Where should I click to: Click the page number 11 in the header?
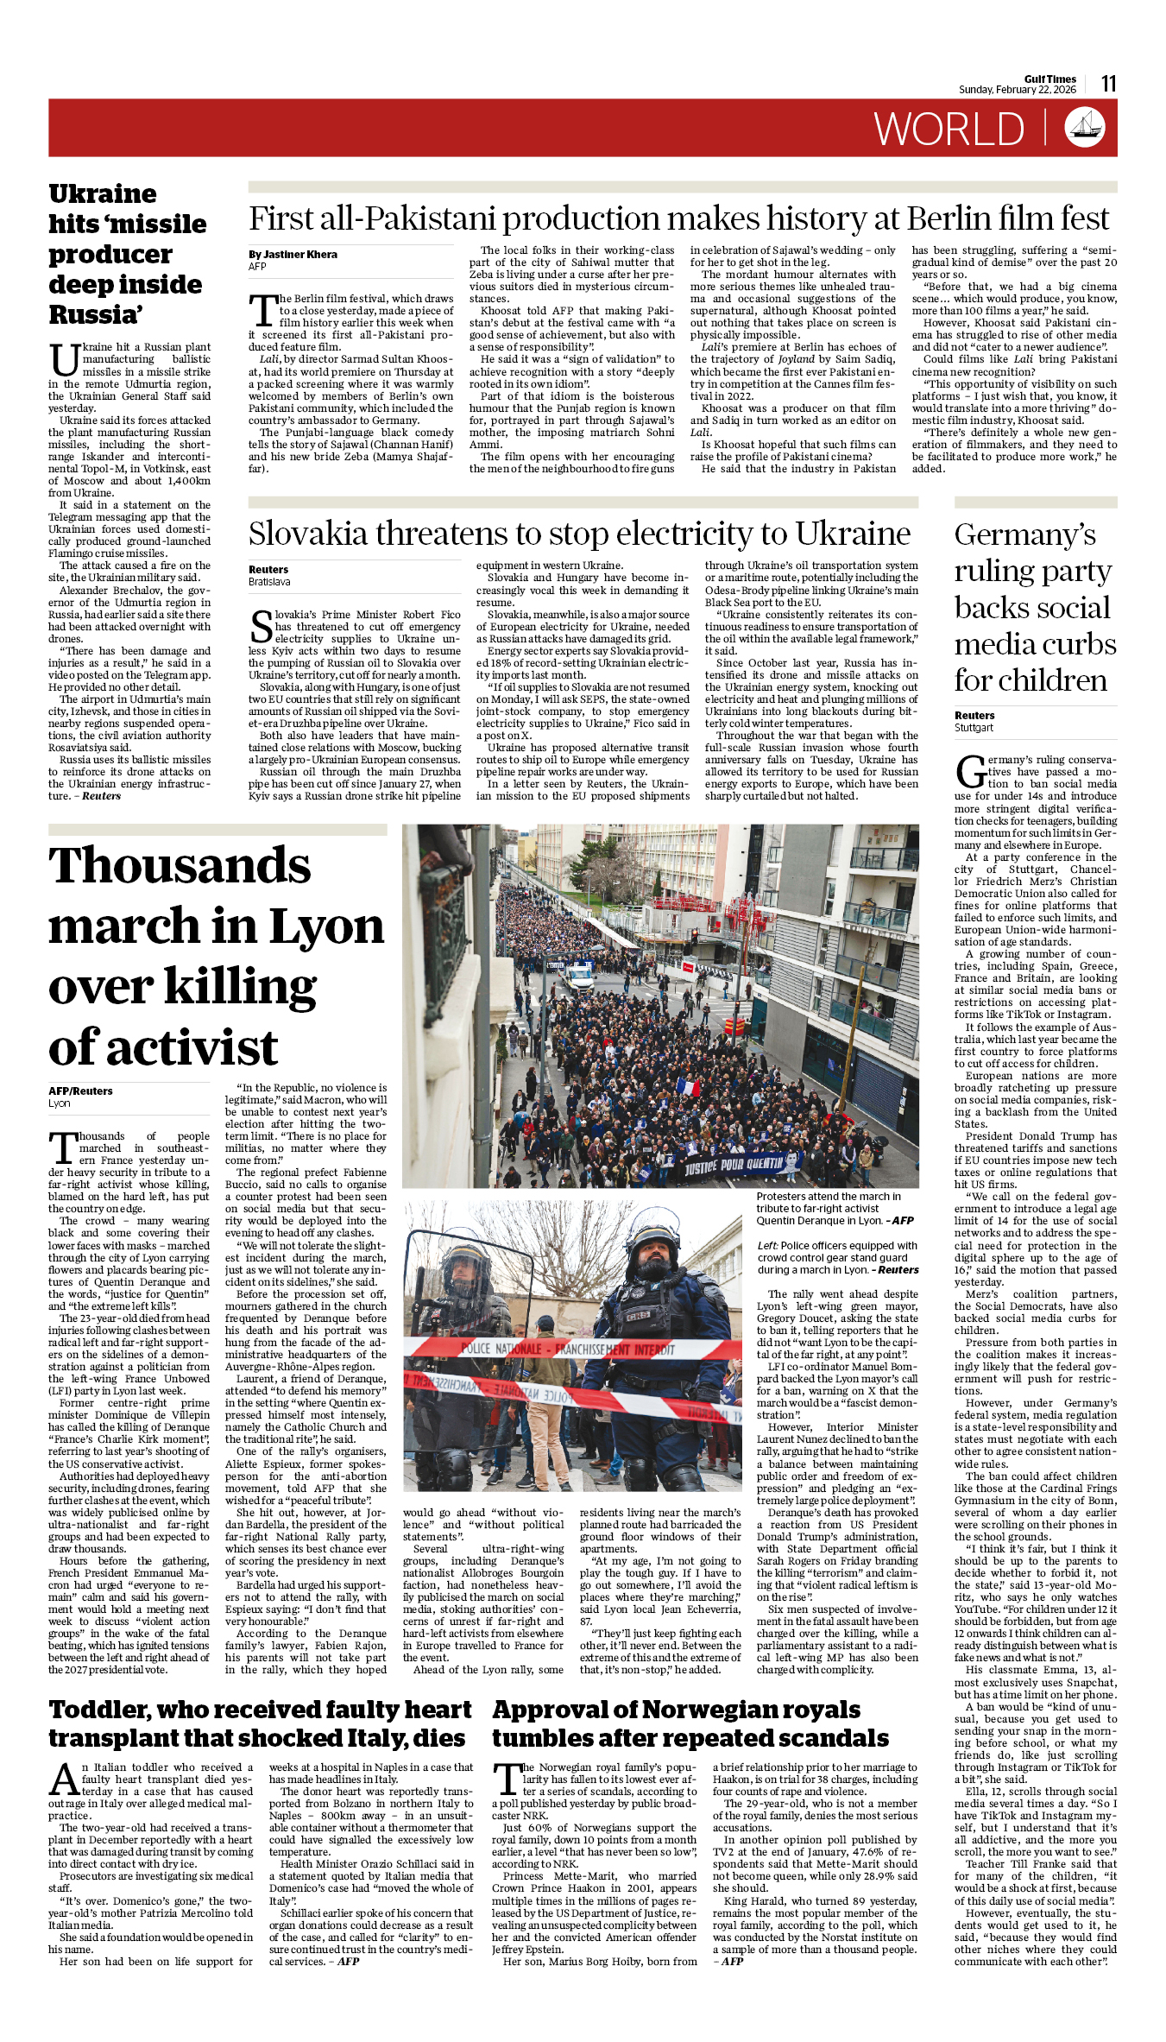click(1108, 84)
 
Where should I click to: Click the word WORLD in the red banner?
click(949, 130)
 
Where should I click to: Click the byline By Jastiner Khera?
click(293, 255)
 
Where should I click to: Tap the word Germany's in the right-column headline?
click(1024, 535)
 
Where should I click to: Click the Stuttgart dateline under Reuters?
click(974, 728)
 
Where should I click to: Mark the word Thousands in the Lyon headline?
click(180, 866)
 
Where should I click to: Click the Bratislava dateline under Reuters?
click(269, 582)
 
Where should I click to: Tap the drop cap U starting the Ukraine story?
click(63, 361)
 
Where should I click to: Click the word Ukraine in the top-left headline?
click(103, 193)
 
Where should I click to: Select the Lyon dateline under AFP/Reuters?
click(60, 1103)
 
